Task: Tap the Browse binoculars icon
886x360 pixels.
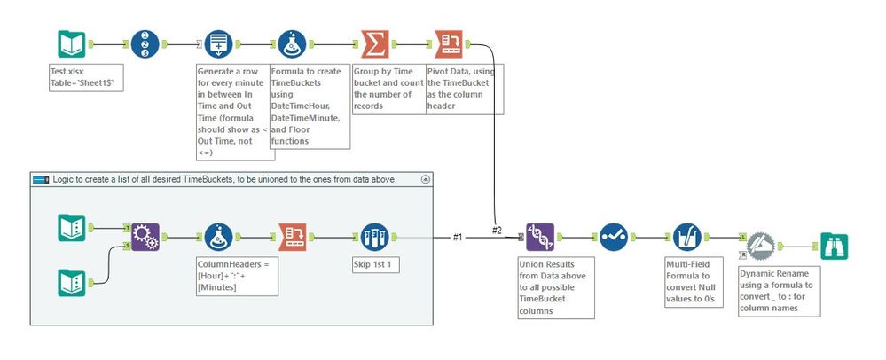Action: (x=833, y=246)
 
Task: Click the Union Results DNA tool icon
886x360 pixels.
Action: (x=540, y=238)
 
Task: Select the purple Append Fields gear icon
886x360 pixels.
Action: (x=145, y=238)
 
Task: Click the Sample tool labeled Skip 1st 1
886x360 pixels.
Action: (x=375, y=238)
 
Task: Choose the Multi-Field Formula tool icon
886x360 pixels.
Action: (x=684, y=238)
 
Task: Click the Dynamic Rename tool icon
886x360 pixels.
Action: (x=760, y=247)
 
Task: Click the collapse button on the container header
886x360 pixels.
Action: (x=426, y=179)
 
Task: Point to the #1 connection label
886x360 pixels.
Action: (x=458, y=237)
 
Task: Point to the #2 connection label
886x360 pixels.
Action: (x=499, y=230)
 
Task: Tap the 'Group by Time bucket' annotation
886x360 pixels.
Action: (x=388, y=87)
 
